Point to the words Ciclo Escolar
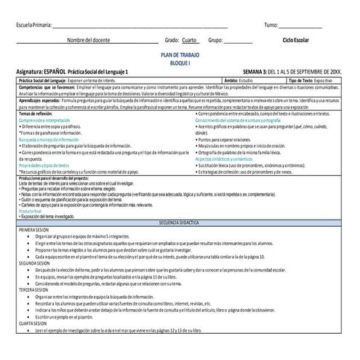point(300,41)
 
